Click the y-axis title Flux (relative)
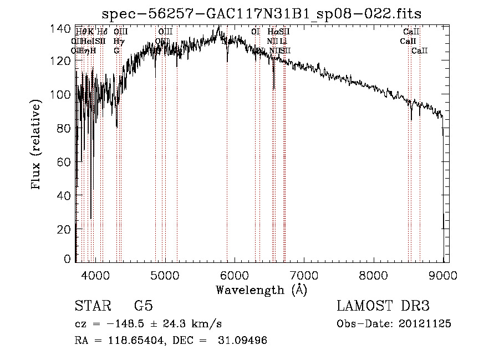coord(37,145)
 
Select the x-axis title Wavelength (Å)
coord(261,290)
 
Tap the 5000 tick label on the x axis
coord(165,275)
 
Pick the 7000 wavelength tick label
coord(304,275)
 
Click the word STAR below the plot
coord(89,306)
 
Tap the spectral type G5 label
coord(143,306)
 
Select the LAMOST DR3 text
coord(383,306)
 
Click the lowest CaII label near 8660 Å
coord(420,51)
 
